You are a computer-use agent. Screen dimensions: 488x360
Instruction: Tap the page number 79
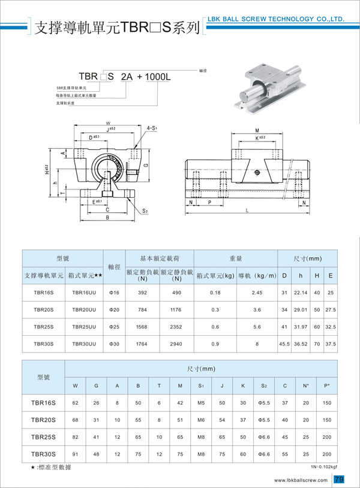pyautogui.click(x=339, y=479)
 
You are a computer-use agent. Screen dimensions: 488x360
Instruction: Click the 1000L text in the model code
pyautogui.click(x=158, y=77)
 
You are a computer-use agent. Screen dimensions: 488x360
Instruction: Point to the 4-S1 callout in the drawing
pyautogui.click(x=152, y=128)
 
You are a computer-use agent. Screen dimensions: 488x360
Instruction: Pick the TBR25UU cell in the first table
pyautogui.click(x=84, y=327)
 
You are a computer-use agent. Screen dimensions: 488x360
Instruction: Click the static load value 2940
pyautogui.click(x=176, y=344)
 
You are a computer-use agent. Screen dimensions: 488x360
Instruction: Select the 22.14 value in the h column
pyautogui.click(x=300, y=293)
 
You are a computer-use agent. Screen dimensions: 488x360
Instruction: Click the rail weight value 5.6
pyautogui.click(x=257, y=327)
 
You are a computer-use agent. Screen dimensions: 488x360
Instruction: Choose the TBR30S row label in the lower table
pyautogui.click(x=43, y=454)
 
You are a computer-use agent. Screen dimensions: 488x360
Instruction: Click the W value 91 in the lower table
pyautogui.click(x=75, y=454)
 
